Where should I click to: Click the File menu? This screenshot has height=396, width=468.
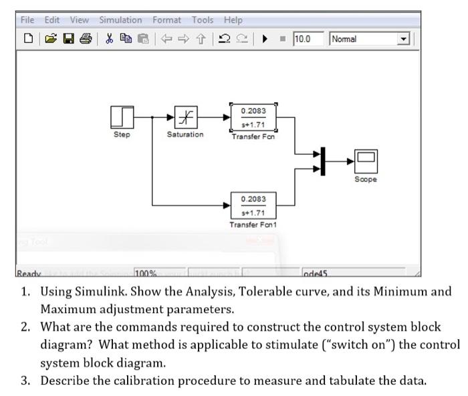point(27,20)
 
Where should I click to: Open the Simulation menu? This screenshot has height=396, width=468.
point(120,20)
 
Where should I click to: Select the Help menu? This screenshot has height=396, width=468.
point(233,20)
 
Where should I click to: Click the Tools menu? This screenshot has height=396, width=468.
point(203,20)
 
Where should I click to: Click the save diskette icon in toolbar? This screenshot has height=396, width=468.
point(68,39)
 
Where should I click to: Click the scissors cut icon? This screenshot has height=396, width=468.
point(108,39)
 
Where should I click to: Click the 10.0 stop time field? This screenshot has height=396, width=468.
point(308,39)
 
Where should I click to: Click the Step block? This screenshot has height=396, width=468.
point(122,117)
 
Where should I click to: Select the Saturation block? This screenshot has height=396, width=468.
point(185,117)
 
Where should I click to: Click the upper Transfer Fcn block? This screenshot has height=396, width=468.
point(253,117)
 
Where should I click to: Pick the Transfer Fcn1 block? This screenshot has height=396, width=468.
point(253,205)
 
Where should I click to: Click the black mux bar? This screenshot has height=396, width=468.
point(322,161)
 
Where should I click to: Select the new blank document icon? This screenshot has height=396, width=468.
point(27,39)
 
